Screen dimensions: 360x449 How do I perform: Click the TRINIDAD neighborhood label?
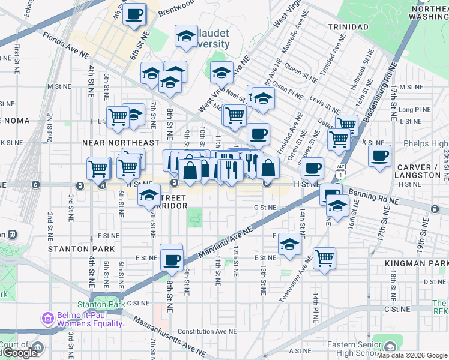tap(348, 27)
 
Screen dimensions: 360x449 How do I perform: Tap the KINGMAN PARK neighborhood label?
tap(426, 264)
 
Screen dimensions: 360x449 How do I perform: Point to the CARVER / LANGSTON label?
tap(418, 171)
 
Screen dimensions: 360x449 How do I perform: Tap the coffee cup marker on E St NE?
tap(172, 259)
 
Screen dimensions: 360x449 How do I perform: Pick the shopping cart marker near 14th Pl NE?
tap(324, 258)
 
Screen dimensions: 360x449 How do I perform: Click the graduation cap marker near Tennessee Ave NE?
tap(289, 244)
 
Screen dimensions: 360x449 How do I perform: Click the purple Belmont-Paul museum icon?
tap(47, 318)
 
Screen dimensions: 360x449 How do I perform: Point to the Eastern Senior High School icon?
tap(390, 347)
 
